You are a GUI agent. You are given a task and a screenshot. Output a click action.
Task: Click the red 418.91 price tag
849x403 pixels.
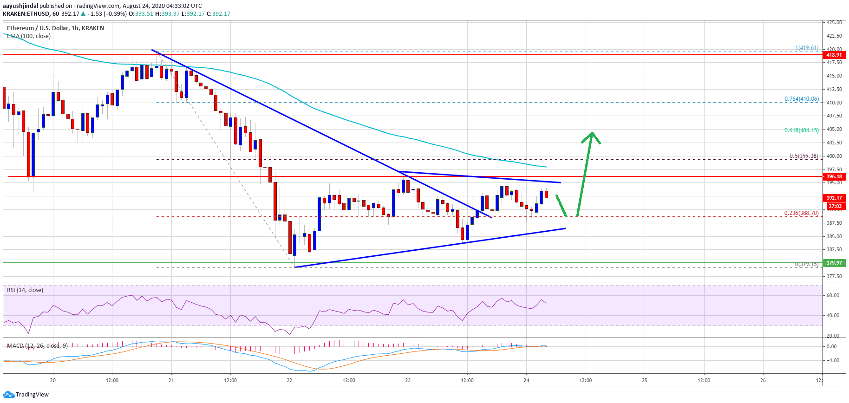coord(834,55)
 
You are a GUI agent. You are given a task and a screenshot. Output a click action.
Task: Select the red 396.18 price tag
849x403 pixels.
coord(834,176)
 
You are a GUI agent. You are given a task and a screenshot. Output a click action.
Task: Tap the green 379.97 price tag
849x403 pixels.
coord(834,263)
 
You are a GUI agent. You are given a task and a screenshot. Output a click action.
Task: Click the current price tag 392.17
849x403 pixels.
coord(834,198)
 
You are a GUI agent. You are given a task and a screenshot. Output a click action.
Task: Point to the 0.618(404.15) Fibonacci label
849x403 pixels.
coord(801,130)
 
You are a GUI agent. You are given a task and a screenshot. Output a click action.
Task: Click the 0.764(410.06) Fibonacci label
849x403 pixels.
coord(801,99)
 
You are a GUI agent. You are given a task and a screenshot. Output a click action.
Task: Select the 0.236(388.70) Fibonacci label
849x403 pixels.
coord(801,213)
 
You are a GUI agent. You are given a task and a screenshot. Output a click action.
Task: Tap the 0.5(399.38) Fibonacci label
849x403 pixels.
coord(803,156)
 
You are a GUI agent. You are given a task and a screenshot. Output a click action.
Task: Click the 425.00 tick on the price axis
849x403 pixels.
coord(834,22)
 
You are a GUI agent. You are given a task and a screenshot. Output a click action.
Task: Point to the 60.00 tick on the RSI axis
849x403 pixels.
coord(833,295)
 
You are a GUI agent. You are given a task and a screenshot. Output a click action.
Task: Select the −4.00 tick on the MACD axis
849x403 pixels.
coord(832,360)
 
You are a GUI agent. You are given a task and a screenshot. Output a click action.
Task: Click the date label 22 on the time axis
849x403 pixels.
coord(290,380)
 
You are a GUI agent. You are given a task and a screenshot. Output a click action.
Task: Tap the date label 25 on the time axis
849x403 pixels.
coord(645,380)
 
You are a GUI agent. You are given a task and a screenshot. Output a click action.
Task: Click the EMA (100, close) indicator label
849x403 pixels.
coord(29,36)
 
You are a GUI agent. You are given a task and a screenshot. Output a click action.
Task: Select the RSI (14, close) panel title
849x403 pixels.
coord(25,290)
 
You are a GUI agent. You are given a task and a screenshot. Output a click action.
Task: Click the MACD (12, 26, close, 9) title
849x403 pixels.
coord(37,346)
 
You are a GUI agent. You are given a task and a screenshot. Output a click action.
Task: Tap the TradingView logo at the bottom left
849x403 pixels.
coord(26,395)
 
